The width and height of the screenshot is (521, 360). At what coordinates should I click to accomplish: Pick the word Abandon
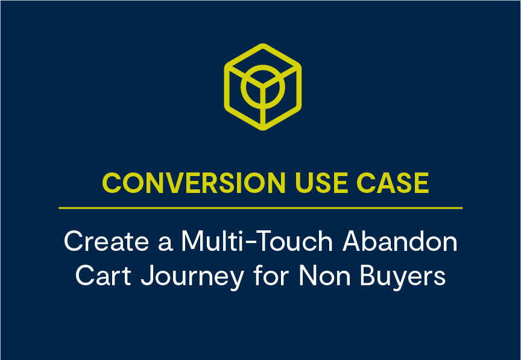click(400, 242)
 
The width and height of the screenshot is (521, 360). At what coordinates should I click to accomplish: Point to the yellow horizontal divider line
click(260, 208)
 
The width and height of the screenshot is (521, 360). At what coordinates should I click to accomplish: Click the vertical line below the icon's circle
click(262, 115)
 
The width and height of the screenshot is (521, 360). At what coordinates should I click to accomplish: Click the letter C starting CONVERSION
click(110, 182)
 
